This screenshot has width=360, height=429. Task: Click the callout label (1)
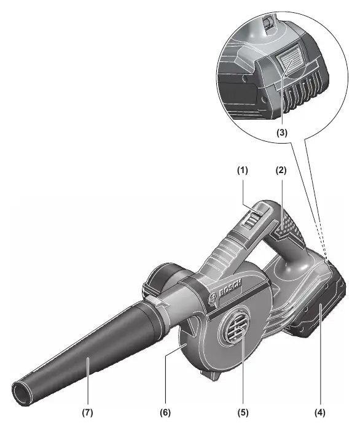pyautogui.click(x=242, y=171)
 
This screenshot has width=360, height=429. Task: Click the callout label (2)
pyautogui.click(x=281, y=171)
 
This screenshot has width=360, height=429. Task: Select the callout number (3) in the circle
pyautogui.click(x=282, y=133)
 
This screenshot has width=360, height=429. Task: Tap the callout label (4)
pyautogui.click(x=319, y=412)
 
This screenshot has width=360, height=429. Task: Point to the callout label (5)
pyautogui.click(x=243, y=412)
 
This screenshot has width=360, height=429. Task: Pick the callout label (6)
pyautogui.click(x=165, y=412)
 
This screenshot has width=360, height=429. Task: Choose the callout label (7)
pyautogui.click(x=88, y=412)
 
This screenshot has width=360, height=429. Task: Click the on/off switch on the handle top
pyautogui.click(x=251, y=219)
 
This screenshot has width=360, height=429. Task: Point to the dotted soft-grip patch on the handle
pyautogui.click(x=289, y=225)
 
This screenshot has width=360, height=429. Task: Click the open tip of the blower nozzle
pyautogui.click(x=23, y=392)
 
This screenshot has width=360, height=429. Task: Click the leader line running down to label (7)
pyautogui.click(x=88, y=382)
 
